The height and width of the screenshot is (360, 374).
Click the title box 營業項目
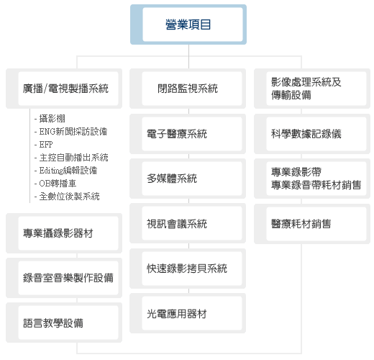[188, 24]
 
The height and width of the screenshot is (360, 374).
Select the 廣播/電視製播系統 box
[64, 89]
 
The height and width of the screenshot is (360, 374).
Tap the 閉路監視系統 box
[188, 89]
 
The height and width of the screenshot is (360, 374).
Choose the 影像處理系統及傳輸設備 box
[312, 89]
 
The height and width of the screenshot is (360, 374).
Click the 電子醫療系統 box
[188, 134]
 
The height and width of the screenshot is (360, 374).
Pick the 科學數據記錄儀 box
[312, 134]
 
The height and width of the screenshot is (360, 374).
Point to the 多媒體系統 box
[188, 179]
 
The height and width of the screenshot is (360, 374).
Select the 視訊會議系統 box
[188, 223]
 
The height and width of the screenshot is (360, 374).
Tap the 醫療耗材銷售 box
[312, 224]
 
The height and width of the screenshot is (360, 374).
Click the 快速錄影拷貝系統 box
[188, 269]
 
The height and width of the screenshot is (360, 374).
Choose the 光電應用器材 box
[188, 313]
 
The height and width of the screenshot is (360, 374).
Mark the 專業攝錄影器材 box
[64, 233]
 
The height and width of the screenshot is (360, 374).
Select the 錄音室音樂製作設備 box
[64, 278]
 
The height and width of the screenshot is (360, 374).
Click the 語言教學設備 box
[64, 323]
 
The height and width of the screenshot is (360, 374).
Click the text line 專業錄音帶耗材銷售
[316, 185]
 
